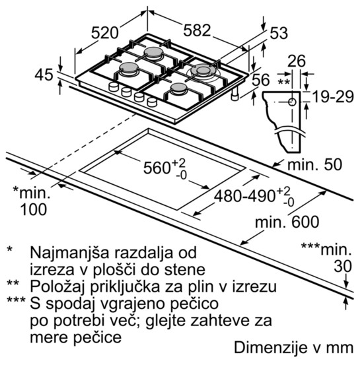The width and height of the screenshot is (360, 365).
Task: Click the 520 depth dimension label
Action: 105,33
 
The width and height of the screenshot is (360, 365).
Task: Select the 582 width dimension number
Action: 197,30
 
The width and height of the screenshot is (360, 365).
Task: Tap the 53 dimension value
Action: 279,33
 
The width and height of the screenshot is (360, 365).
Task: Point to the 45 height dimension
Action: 44,75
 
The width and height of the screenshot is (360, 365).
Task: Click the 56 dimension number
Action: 261,80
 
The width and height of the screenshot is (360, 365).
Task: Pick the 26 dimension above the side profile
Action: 297,61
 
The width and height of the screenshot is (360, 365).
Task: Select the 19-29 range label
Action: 333,96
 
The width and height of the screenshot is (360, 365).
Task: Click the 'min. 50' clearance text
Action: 315,164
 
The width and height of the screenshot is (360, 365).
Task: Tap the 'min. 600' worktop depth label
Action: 287,222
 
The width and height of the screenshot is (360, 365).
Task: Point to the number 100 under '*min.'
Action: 34,209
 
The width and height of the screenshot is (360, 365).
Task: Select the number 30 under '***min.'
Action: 343,266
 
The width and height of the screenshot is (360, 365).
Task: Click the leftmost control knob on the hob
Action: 114,86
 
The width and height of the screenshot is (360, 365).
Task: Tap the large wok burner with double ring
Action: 203,72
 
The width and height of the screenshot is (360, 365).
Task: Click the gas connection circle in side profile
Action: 292,102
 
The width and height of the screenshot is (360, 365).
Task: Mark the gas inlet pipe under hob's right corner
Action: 235,93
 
